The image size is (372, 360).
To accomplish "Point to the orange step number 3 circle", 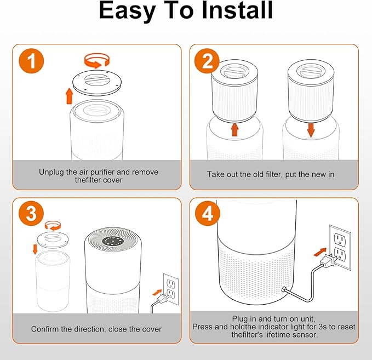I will click(31, 213).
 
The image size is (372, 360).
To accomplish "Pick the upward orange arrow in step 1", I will click(69, 96).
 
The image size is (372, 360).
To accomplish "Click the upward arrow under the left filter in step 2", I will click(235, 129).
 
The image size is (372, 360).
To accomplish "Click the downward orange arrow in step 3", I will click(35, 249).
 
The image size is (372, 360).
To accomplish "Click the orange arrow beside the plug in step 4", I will click(319, 252).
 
